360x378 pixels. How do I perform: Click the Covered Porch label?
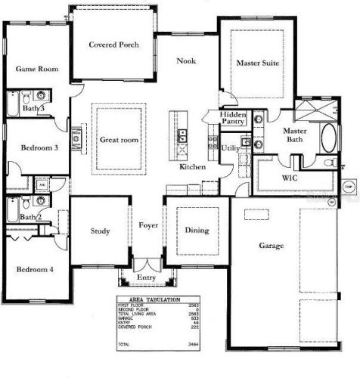(113, 45)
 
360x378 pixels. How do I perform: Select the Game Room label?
(38, 69)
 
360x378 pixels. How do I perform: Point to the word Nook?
(187, 61)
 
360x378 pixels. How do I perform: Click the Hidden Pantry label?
(232, 118)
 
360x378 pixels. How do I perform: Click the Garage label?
(269, 246)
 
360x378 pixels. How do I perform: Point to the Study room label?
(101, 231)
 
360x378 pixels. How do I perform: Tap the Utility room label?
(231, 149)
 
